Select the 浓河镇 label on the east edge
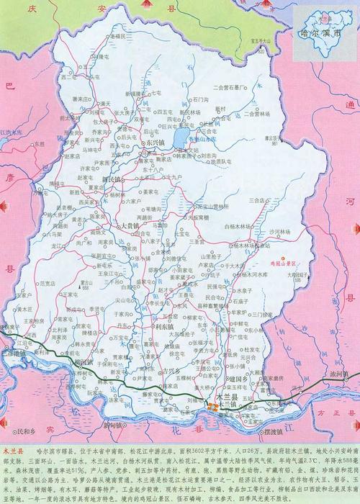pos(340,374)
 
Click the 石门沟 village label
pos(201,99)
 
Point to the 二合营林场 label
pos(231,85)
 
